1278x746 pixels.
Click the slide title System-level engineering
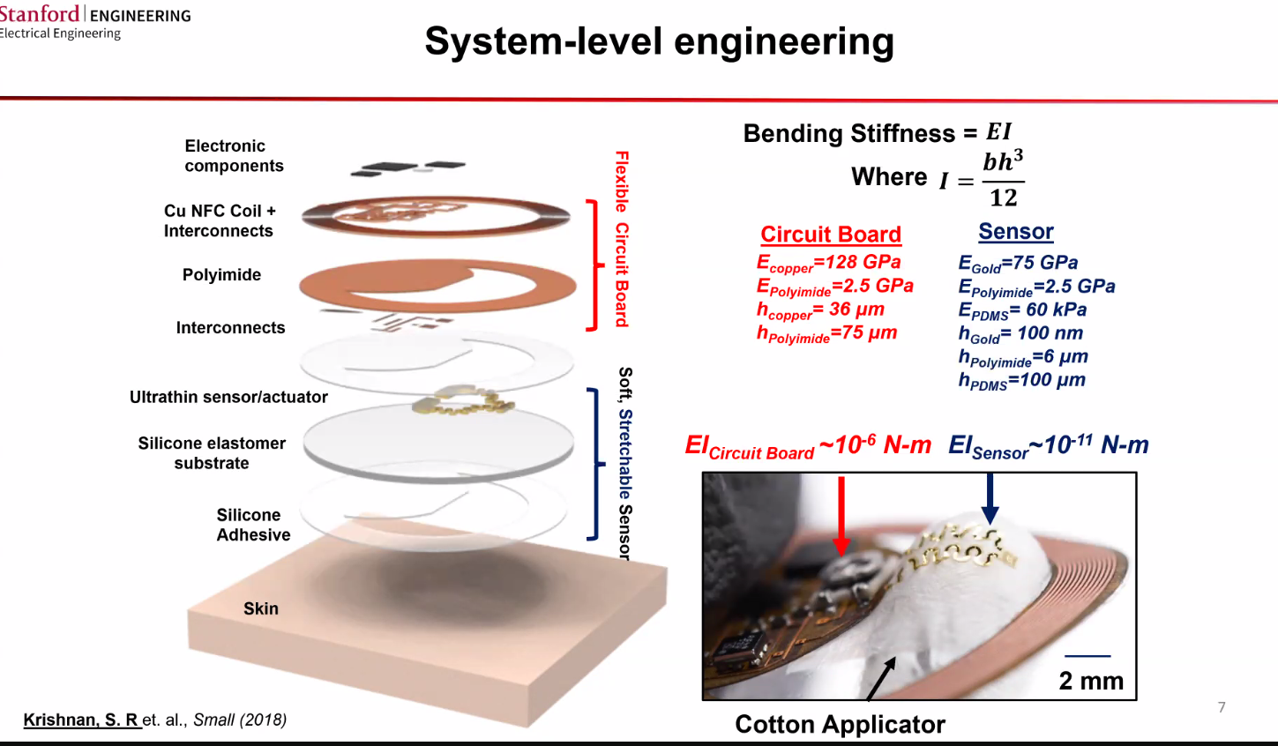[659, 41]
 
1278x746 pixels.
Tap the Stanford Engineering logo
[94, 21]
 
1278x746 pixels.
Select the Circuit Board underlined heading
[830, 235]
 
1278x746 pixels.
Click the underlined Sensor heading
[1015, 232]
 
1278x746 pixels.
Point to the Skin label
[260, 608]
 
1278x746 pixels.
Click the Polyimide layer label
[221, 275]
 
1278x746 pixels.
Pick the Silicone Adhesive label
[252, 525]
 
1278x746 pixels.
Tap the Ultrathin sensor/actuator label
[228, 398]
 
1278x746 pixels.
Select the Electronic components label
[233, 156]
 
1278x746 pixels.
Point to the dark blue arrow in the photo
[990, 499]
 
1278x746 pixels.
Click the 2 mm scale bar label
[1090, 681]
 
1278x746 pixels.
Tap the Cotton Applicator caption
[840, 725]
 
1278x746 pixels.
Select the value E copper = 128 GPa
[828, 263]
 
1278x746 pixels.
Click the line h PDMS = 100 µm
[1021, 381]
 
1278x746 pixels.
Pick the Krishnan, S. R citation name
[81, 720]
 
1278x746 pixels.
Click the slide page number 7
[1222, 707]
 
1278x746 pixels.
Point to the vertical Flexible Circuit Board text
[622, 238]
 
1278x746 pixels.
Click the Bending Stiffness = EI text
[877, 133]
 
